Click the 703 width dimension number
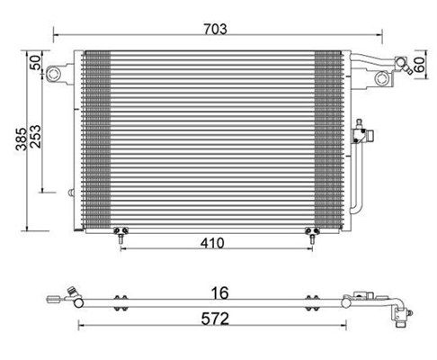[x=215, y=29]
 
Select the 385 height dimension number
[x=22, y=139]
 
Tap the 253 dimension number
[x=36, y=137]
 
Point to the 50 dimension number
[x=36, y=63]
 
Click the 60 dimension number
[x=419, y=65]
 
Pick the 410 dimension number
[x=212, y=243]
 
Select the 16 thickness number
[x=220, y=292]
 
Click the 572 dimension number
[x=215, y=319]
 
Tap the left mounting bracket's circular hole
[x=54, y=73]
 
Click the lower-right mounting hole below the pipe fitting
[x=382, y=78]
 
